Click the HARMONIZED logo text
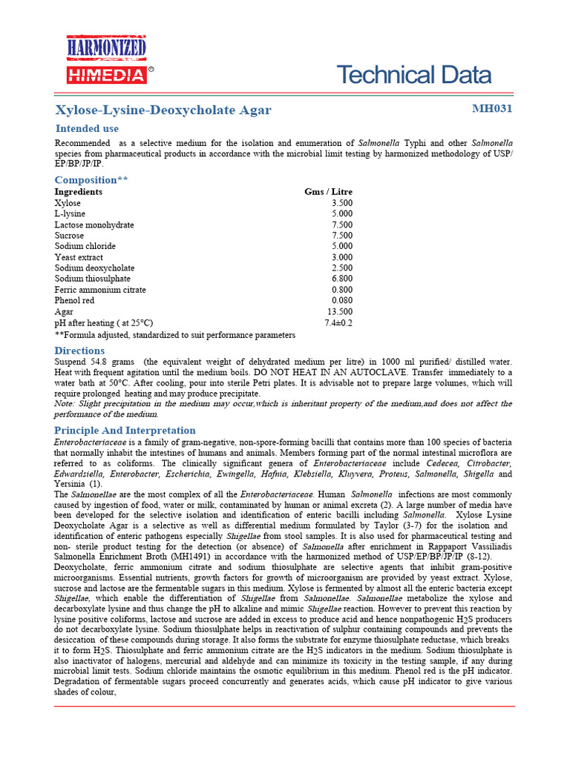pyautogui.click(x=108, y=49)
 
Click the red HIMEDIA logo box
pyautogui.click(x=106, y=74)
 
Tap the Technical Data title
pyautogui.click(x=413, y=75)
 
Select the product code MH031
pyautogui.click(x=492, y=109)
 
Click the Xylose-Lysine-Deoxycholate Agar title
pyautogui.click(x=163, y=110)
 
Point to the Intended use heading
pyautogui.click(x=87, y=128)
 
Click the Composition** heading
pyautogui.click(x=91, y=180)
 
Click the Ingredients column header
pyautogui.click(x=79, y=191)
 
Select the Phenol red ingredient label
pyautogui.click(x=74, y=301)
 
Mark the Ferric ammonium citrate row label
pyautogui.click(x=100, y=290)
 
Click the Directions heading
pyautogui.click(x=79, y=351)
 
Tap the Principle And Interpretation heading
pyautogui.click(x=125, y=431)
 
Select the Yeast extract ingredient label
pyautogui.click(x=79, y=257)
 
